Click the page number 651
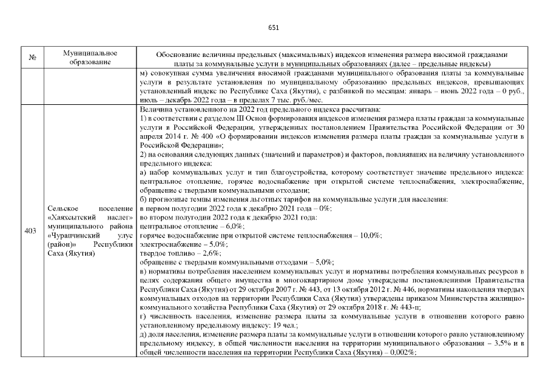pyautogui.click(x=274, y=27)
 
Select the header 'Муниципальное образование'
pyautogui.click(x=89, y=58)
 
